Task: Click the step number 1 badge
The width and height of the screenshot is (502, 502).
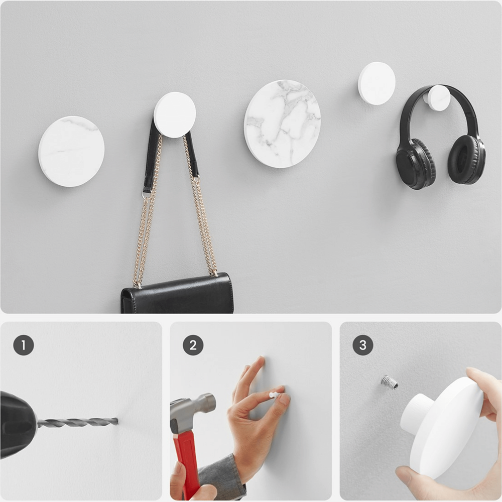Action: (x=24, y=345)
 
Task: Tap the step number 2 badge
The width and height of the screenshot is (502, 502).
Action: (x=193, y=345)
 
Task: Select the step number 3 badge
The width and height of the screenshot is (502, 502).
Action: (x=363, y=345)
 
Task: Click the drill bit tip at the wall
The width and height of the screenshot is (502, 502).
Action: (x=116, y=421)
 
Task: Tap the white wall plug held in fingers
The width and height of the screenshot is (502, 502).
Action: (x=274, y=395)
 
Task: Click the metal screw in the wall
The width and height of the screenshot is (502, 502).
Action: (x=390, y=382)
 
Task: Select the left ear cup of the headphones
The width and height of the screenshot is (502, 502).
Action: (x=415, y=163)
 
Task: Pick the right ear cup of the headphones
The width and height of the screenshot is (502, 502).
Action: (x=466, y=160)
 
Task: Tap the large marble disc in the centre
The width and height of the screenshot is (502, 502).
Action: (x=282, y=123)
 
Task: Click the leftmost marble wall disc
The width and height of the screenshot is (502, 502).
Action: (x=71, y=151)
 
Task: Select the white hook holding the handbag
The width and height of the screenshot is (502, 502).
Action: (x=175, y=114)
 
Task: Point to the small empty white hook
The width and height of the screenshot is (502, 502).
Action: (x=376, y=83)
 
